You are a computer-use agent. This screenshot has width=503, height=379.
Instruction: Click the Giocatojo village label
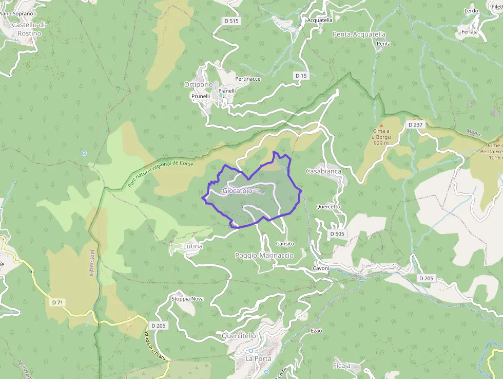[237, 191]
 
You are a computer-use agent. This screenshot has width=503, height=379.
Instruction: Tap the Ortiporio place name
[198, 84]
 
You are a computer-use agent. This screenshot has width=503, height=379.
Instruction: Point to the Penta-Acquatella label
[359, 34]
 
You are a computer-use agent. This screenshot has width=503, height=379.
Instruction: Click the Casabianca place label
[323, 171]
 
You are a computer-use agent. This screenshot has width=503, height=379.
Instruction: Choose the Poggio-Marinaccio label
[264, 256]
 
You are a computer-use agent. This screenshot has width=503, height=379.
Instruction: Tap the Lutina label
[193, 246]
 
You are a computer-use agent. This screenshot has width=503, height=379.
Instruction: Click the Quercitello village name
[239, 336]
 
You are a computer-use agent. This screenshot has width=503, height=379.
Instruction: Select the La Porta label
[258, 358]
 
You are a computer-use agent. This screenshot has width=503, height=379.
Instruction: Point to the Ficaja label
[341, 366]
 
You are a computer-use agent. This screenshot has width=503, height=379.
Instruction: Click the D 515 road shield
[232, 21]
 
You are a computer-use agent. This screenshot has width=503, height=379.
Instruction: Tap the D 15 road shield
[301, 76]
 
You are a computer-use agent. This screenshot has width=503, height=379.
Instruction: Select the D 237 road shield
[414, 125]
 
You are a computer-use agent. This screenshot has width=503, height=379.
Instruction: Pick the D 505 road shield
[337, 233]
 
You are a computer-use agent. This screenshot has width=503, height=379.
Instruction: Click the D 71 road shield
[57, 302]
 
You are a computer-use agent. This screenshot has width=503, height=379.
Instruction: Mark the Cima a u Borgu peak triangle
[381, 125]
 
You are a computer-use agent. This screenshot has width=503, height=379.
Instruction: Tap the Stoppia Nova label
[187, 298]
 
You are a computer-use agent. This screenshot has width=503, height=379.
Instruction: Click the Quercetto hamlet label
[328, 207]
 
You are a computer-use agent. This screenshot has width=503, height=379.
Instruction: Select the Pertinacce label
[248, 79]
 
